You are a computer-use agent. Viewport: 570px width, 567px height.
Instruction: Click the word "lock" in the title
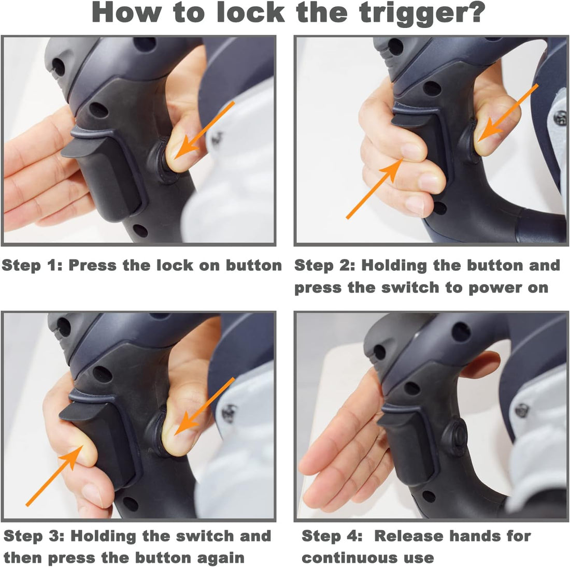(250, 12)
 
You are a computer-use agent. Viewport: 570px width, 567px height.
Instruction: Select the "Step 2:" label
(324, 266)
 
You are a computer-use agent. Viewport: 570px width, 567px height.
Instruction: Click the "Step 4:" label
(332, 536)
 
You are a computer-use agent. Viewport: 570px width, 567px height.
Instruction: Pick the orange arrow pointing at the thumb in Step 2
(508, 113)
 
